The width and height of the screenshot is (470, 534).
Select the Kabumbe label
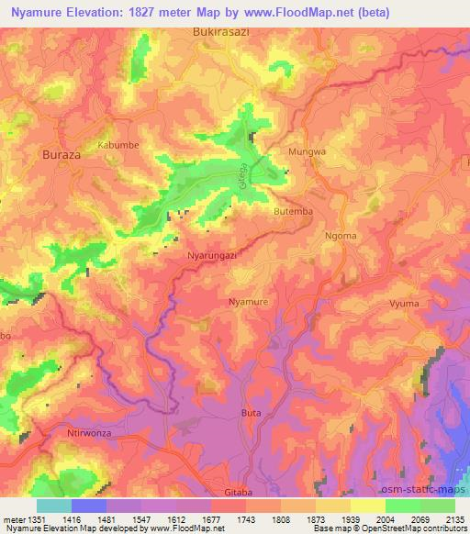(x=117, y=145)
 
